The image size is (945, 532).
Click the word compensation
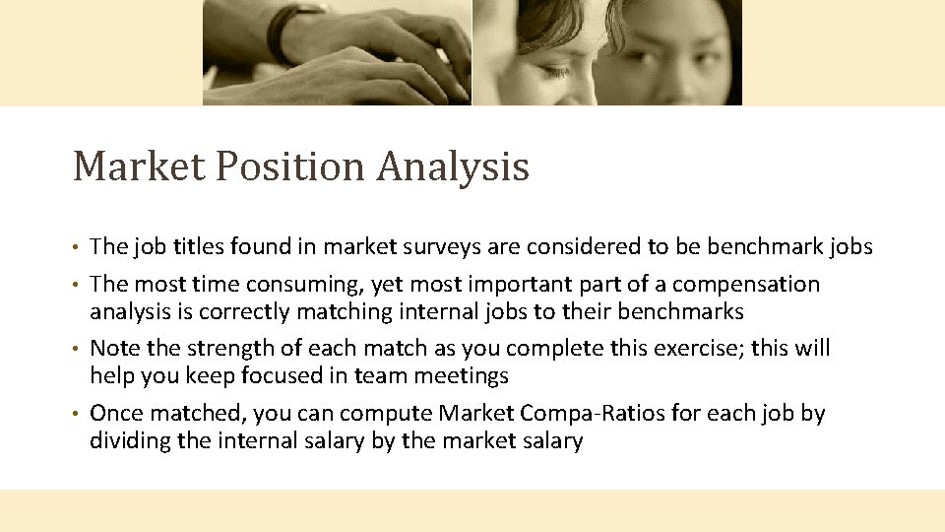click(x=745, y=285)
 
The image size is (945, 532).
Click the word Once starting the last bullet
click(x=117, y=413)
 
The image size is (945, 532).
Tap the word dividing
click(x=129, y=440)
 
